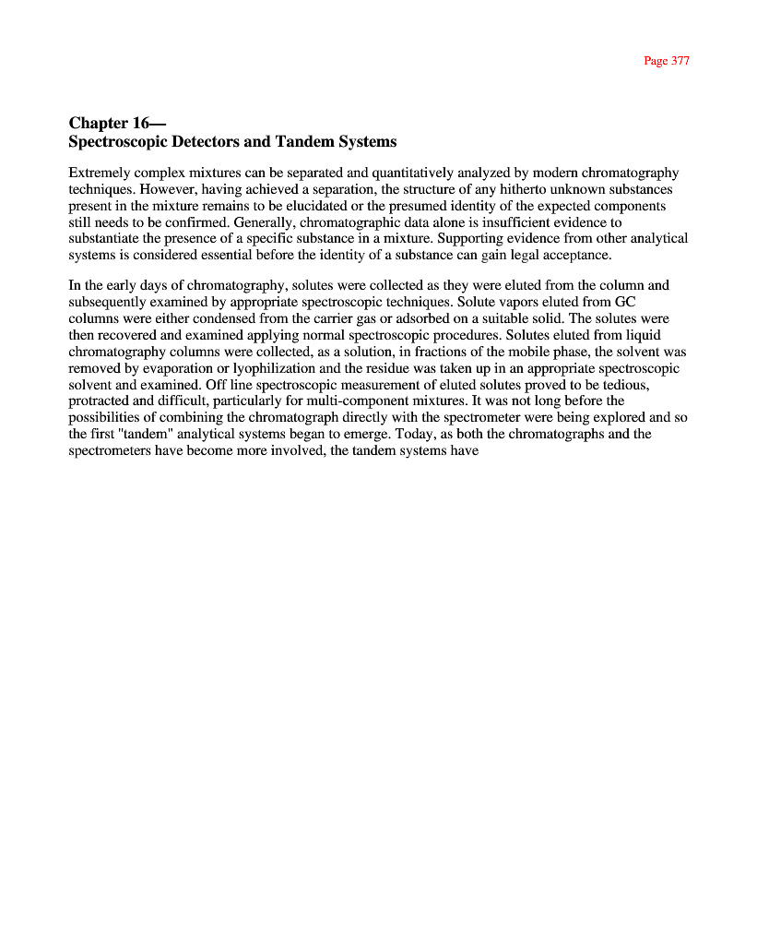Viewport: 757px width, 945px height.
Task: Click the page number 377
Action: (680, 61)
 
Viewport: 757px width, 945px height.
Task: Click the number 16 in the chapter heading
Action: (141, 123)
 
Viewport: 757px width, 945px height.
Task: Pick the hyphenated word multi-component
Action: (351, 401)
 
